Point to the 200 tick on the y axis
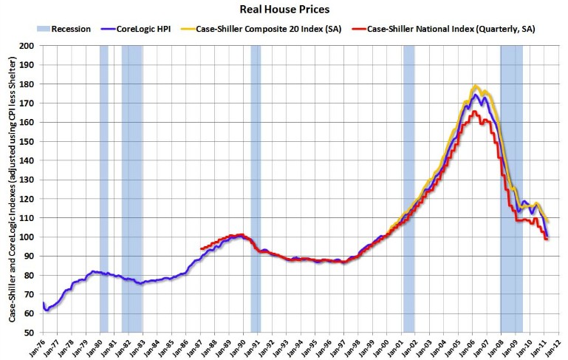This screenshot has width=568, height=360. (x=30, y=46)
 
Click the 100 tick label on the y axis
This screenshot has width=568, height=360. (x=30, y=237)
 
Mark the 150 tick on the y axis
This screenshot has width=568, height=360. (x=30, y=142)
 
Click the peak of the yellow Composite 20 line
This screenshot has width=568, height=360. (x=476, y=86)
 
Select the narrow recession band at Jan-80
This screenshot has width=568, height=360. (x=103, y=189)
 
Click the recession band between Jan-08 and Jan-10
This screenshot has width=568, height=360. (x=511, y=189)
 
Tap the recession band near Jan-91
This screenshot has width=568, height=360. (x=256, y=189)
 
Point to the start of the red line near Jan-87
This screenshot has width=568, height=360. (x=201, y=249)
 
